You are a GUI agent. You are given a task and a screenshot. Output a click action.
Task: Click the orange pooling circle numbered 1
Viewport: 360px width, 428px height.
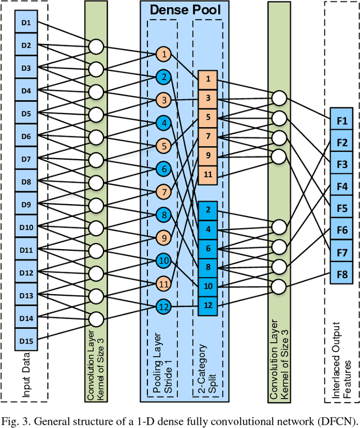163,54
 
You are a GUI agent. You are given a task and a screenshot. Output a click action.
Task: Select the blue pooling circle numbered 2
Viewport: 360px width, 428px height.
163,77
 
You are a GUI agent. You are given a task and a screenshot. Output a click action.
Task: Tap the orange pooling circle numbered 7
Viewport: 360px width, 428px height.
163,191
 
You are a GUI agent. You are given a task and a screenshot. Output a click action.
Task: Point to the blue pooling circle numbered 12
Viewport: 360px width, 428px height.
163,307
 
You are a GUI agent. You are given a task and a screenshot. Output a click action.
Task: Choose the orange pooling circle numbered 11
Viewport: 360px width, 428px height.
163,283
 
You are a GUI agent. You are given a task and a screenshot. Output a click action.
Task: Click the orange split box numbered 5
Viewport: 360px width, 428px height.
208,118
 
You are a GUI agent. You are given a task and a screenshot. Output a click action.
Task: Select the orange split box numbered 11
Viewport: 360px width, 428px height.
208,175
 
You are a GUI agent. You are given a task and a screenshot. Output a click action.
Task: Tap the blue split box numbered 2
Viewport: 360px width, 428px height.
208,210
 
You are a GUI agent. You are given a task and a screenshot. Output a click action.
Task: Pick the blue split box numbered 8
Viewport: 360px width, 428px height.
208,267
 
